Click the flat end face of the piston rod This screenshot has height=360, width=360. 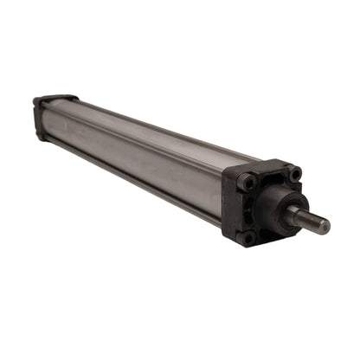tap(323, 226)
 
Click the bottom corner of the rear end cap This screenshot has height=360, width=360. tap(39, 136)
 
